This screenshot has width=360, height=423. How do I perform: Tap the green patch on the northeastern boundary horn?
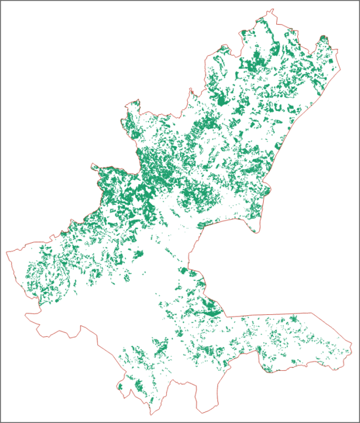click(323, 38)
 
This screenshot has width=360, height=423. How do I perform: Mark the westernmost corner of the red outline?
click(6, 252)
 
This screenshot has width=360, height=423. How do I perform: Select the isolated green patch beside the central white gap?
click(139, 255)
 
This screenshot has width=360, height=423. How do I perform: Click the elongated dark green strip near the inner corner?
click(211, 313)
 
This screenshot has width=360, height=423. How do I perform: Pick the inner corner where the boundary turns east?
click(226, 316)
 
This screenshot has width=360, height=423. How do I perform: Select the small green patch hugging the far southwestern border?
click(120, 387)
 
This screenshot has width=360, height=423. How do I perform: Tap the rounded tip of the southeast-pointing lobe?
click(255, 232)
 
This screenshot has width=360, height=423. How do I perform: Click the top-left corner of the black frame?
click(1, 1)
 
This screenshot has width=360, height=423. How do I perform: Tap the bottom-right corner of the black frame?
click(359, 422)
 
